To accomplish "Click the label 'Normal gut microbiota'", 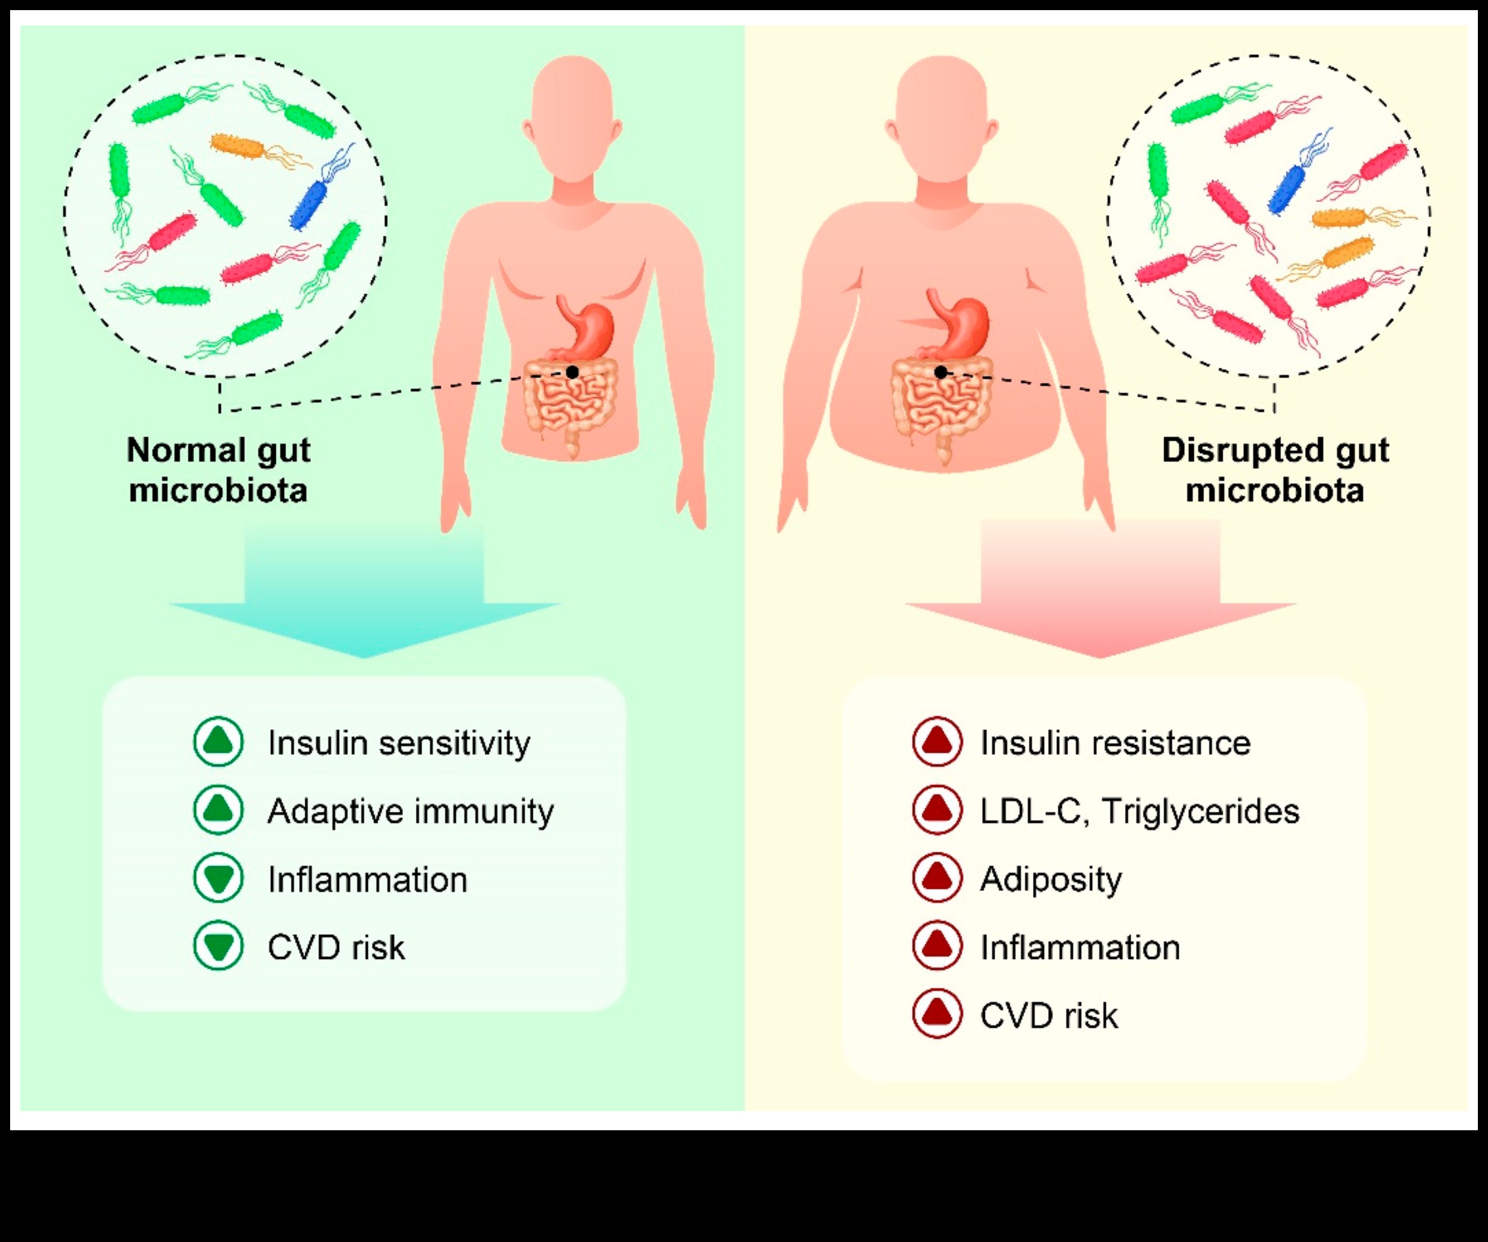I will pyautogui.click(x=218, y=470).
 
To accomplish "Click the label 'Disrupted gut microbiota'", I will pyautogui.click(x=1275, y=470).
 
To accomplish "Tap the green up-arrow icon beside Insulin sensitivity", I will pyautogui.click(x=218, y=742).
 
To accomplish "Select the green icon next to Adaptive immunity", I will pyautogui.click(x=218, y=810).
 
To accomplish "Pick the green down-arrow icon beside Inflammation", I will pyautogui.click(x=218, y=878).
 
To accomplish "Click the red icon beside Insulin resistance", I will pyautogui.click(x=937, y=742).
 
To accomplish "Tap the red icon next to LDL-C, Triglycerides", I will pyautogui.click(x=937, y=810).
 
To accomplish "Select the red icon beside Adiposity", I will pyautogui.click(x=937, y=878).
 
